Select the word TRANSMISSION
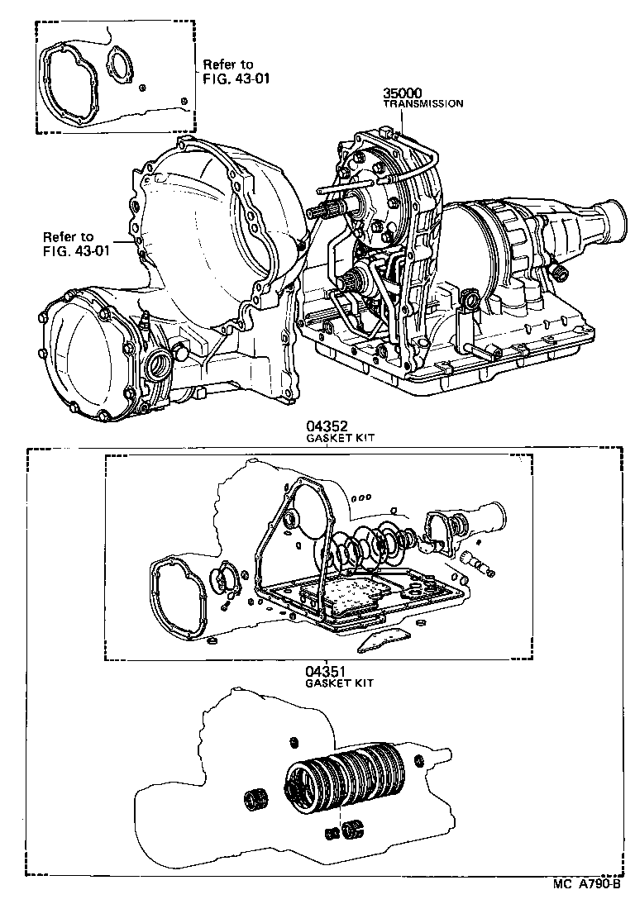pos(422,104)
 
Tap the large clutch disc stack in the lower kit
pos(343,777)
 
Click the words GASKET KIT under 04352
pos(340,439)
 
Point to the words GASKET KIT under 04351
pos(340,684)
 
